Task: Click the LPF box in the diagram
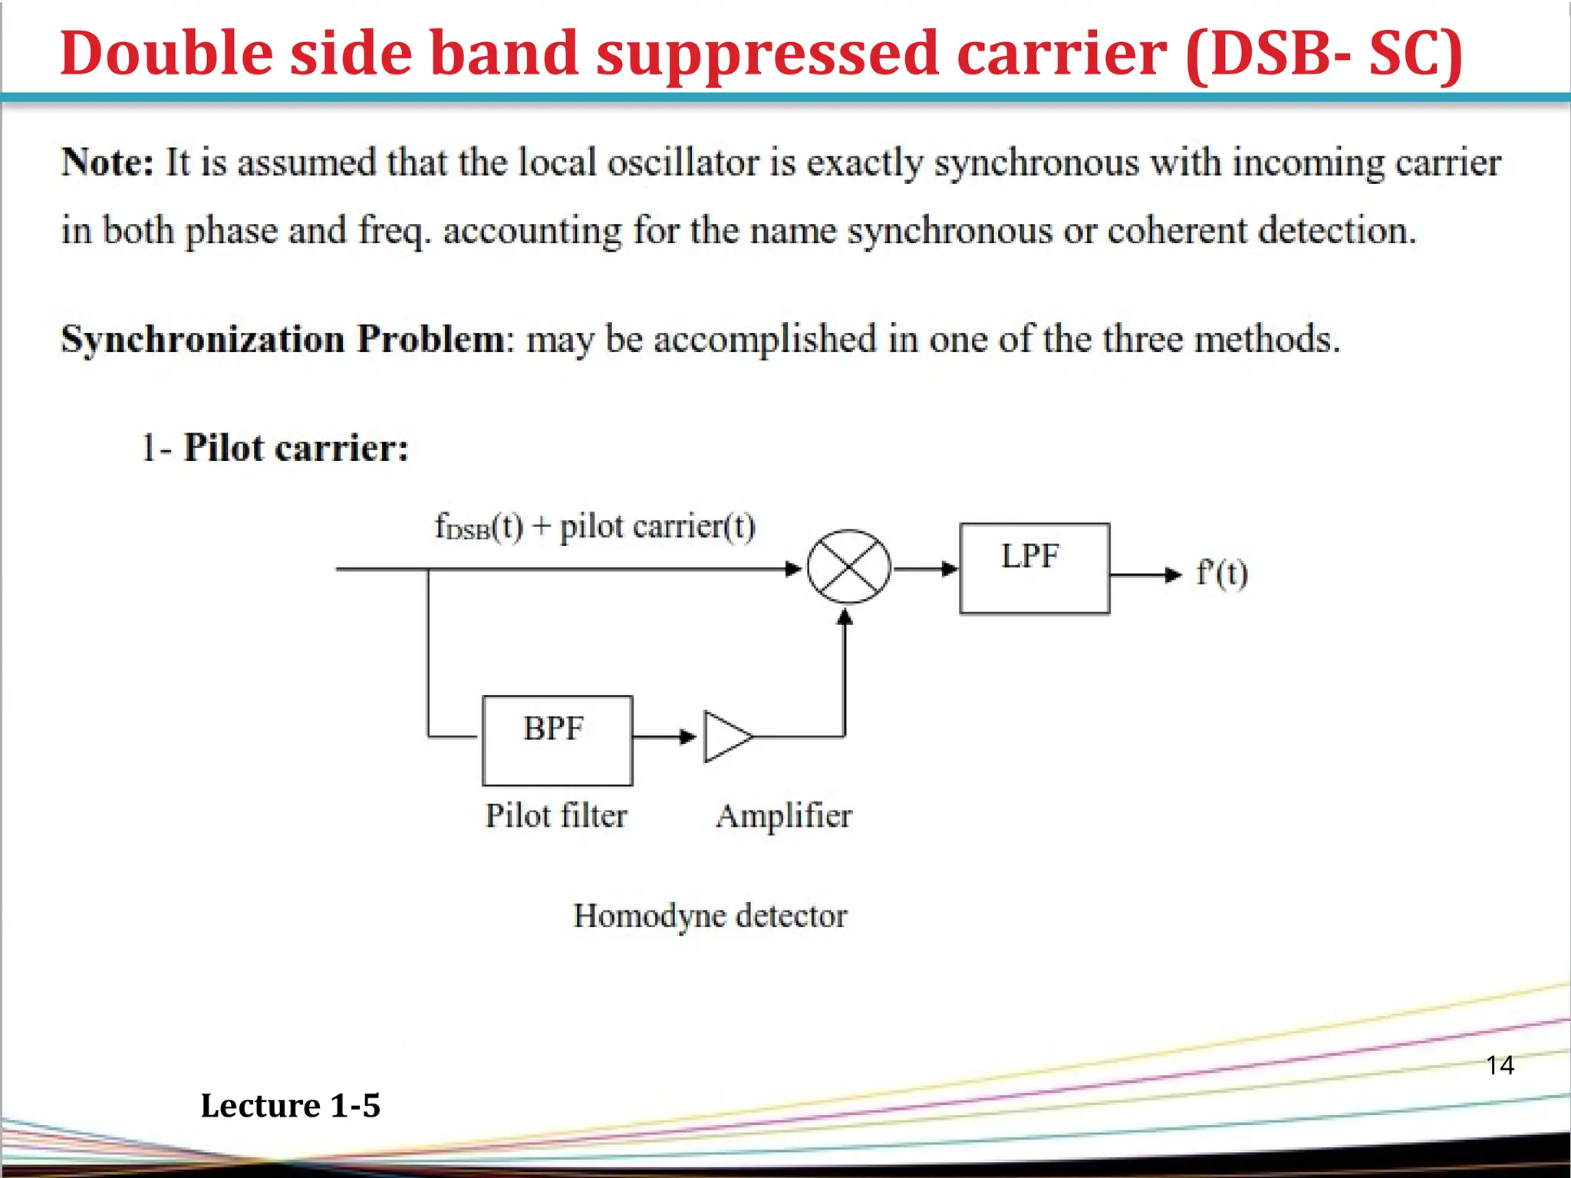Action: coord(1033,568)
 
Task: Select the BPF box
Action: coord(557,740)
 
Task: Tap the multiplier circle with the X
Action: coord(848,567)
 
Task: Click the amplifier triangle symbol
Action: coord(726,737)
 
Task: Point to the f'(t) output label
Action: coord(1222,573)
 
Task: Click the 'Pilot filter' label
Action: coord(556,815)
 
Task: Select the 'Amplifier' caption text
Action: coord(783,816)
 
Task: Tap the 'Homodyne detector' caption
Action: coord(710,916)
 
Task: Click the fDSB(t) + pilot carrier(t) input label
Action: coord(594,527)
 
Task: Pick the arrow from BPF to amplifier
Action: coord(664,737)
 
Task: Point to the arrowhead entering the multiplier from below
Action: coord(845,617)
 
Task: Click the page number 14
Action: coord(1500,1065)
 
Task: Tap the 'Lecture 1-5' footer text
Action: coord(290,1105)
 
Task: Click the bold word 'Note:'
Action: coord(107,163)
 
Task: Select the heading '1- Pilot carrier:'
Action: coord(275,447)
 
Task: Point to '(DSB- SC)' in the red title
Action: coord(1323,54)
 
